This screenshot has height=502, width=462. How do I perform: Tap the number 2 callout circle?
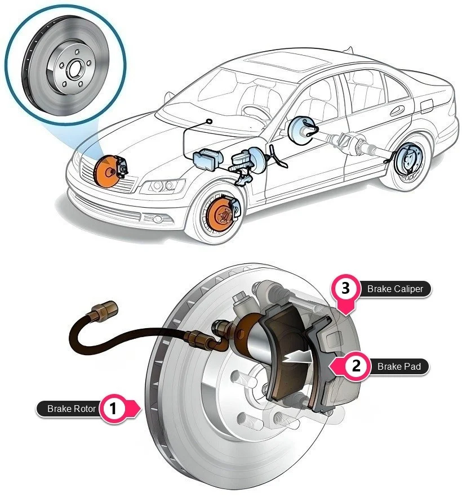click(356, 366)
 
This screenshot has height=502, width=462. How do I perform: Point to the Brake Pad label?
click(399, 366)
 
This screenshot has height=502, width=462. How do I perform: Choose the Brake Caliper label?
click(395, 289)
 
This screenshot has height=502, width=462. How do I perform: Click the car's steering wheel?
click(257, 112)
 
